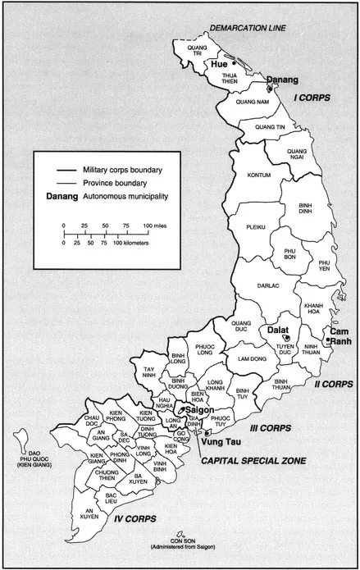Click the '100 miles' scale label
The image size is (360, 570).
[154, 225]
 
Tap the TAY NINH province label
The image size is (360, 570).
[149, 373]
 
